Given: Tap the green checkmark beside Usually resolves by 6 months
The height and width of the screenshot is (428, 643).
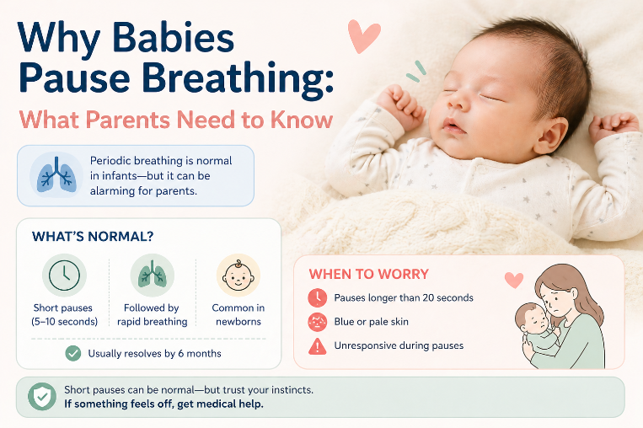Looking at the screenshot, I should pyautogui.click(x=72, y=353).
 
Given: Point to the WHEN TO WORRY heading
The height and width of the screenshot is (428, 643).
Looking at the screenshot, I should pyautogui.click(x=368, y=274).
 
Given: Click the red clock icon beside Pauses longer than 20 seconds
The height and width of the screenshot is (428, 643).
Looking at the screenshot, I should pyautogui.click(x=318, y=297).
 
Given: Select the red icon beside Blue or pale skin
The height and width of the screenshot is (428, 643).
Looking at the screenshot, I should pyautogui.click(x=318, y=321).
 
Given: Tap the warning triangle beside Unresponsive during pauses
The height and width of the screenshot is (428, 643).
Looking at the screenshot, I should pyautogui.click(x=318, y=345).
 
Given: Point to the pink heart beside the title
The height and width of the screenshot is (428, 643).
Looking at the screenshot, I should pyautogui.click(x=364, y=36).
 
